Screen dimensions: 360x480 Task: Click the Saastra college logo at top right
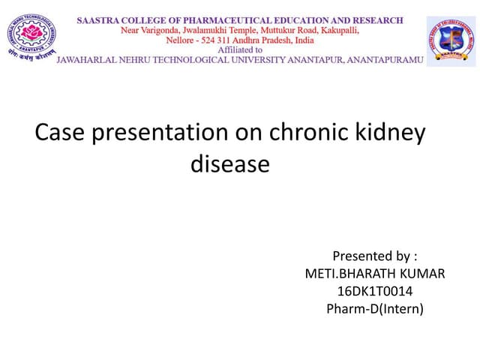[x=451, y=41]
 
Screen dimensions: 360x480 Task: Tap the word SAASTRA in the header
[x=98, y=21]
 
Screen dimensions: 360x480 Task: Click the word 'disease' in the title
[x=229, y=163]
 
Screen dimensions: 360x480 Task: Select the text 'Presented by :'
[x=375, y=256]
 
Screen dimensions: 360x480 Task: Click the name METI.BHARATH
[x=345, y=274]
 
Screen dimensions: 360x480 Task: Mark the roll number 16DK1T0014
[x=375, y=291]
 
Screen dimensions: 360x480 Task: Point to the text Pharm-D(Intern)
[x=375, y=308]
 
